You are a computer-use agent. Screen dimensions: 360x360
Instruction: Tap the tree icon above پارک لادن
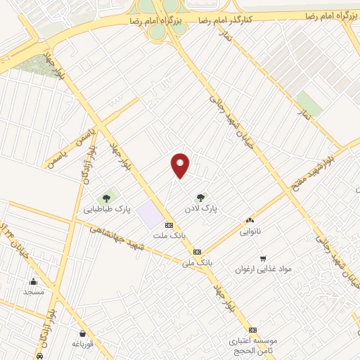202,198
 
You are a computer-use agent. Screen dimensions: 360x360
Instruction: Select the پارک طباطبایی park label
108,209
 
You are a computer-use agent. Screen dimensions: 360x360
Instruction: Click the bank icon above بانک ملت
168,224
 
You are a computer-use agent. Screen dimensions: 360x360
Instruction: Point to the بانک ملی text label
197,262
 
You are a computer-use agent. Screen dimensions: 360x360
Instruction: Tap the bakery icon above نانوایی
250,220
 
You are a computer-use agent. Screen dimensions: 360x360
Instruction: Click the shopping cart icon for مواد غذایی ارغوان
263,258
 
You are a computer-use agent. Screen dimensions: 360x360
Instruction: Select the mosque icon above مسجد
34,281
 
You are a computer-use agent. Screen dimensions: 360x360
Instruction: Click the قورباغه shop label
83,344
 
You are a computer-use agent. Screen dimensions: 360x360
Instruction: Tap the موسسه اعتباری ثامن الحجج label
253,344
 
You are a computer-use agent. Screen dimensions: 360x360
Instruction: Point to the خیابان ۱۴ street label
10,239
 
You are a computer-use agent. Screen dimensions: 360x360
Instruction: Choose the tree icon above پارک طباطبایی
107,198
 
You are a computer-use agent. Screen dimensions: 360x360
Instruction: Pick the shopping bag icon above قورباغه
83,333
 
